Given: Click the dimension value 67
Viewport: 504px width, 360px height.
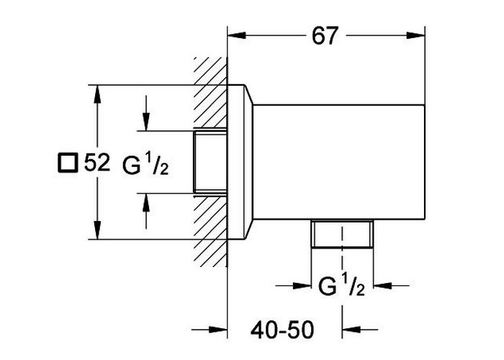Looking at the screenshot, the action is click(325, 36).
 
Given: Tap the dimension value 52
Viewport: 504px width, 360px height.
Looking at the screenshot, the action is click(97, 163).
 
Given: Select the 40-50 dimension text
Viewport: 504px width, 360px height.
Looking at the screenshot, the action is click(282, 330).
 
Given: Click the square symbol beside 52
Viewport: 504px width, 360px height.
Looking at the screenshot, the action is click(68, 163).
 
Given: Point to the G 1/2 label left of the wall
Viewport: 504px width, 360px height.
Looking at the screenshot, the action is click(145, 163).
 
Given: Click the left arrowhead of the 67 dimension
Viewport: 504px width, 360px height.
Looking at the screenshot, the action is click(237, 35).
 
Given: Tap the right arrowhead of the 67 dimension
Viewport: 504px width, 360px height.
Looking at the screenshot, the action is click(415, 35).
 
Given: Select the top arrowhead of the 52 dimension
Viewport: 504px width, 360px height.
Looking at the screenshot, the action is click(97, 94).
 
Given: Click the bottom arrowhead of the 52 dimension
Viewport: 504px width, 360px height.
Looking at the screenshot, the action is click(97, 230).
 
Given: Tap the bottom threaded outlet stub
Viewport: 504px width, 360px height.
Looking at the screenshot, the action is click(342, 234).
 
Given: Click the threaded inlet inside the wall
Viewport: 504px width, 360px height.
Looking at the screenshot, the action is click(210, 162).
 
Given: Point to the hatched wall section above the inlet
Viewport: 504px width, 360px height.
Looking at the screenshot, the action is click(210, 92).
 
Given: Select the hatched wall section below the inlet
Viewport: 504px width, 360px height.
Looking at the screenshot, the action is click(210, 231).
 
